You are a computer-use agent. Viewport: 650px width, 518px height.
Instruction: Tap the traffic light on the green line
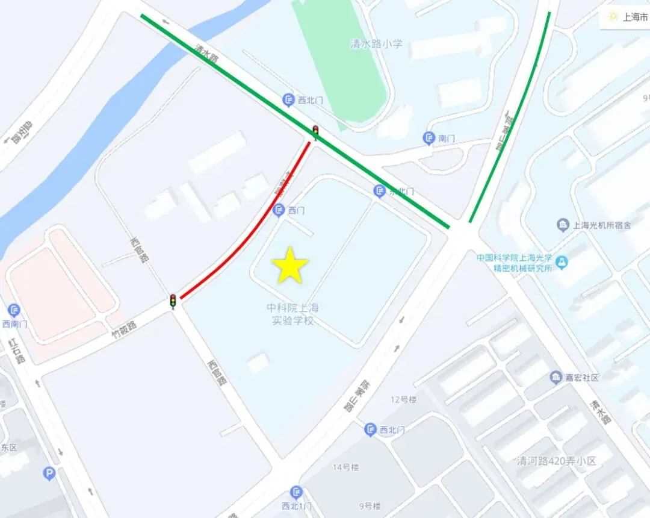pyautogui.click(x=315, y=131)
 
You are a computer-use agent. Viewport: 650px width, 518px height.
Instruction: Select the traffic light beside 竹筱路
pyautogui.click(x=173, y=301)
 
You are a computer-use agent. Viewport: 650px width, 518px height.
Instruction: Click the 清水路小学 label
pyautogui.click(x=376, y=44)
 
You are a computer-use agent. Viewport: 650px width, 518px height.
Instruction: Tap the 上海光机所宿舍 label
pyautogui.click(x=601, y=225)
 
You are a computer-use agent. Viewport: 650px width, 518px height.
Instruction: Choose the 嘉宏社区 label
pyautogui.click(x=582, y=378)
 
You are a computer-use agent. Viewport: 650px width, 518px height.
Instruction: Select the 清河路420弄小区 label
pyautogui.click(x=557, y=461)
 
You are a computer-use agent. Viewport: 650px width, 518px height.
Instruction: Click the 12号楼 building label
pyautogui.click(x=403, y=399)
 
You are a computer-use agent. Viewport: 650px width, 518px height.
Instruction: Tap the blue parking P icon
pyautogui.click(x=49, y=474)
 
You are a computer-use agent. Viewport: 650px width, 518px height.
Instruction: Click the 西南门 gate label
pyautogui.click(x=15, y=323)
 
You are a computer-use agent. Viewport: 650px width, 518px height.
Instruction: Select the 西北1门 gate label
pyautogui.click(x=294, y=505)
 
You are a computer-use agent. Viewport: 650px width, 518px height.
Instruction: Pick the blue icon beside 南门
pyautogui.click(x=429, y=139)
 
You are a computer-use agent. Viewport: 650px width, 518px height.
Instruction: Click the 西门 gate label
pyautogui.click(x=296, y=210)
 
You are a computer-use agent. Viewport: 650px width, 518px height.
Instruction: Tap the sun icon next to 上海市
pyautogui.click(x=613, y=17)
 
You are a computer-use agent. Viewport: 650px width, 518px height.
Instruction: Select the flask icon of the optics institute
pyautogui.click(x=562, y=262)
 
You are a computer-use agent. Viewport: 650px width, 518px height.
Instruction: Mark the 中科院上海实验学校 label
pyautogui.click(x=292, y=314)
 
